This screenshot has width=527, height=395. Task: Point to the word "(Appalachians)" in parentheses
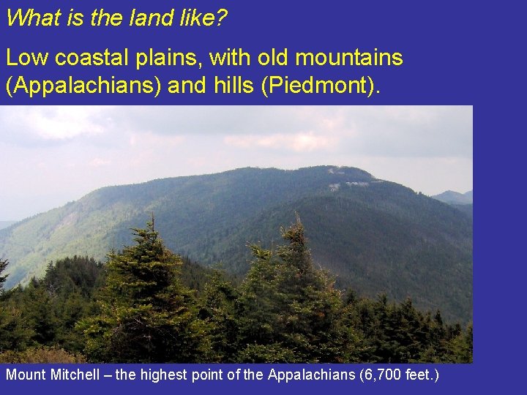[x=83, y=85]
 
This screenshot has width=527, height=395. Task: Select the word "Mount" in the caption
[x=26, y=375]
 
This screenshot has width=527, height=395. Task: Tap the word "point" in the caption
[x=194, y=375]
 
